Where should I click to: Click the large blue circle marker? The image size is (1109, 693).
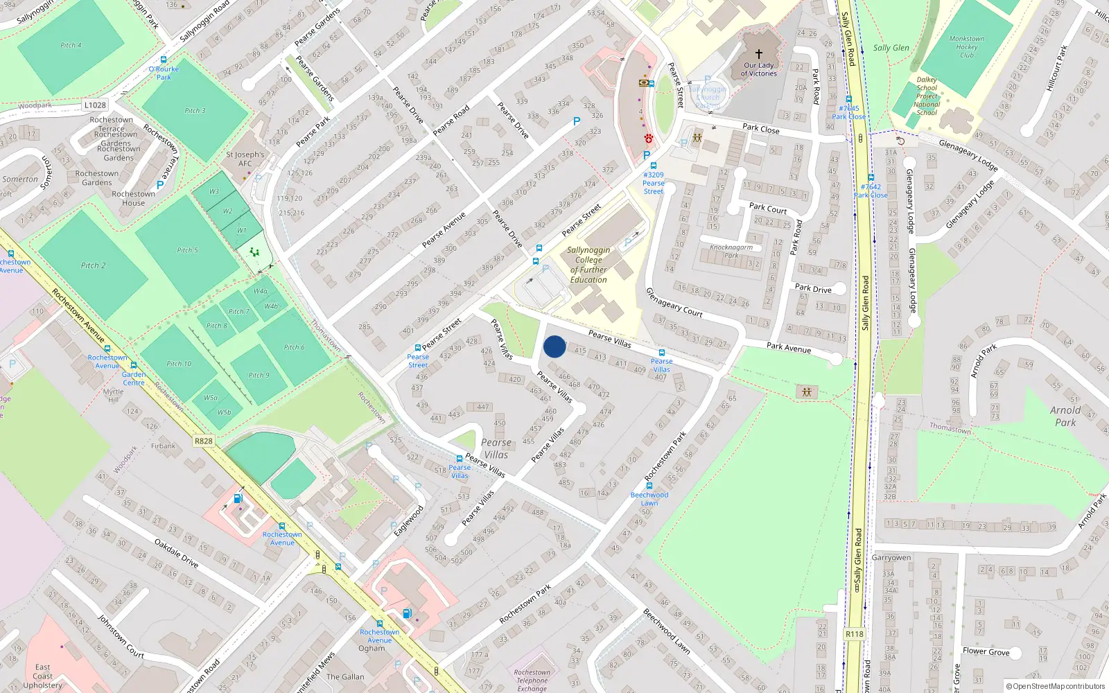[x=554, y=346]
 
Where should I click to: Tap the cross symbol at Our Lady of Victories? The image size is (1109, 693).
[x=759, y=54]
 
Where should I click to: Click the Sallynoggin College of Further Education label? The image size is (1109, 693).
[x=588, y=265]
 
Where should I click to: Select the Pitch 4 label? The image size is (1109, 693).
[x=71, y=46]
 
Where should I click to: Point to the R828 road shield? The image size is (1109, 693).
[x=204, y=441]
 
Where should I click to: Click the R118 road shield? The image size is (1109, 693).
[x=855, y=634]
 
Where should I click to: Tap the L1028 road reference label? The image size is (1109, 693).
[x=95, y=105]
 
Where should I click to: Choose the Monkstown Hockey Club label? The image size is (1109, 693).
[x=966, y=47]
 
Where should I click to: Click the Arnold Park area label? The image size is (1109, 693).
[x=1065, y=416]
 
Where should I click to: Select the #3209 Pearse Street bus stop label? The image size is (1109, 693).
[x=653, y=183]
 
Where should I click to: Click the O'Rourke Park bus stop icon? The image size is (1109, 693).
[x=164, y=60]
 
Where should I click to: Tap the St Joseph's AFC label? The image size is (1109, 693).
[x=245, y=159]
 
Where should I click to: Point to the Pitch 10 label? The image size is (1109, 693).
[x=179, y=364]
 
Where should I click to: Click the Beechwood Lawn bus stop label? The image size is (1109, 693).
[x=649, y=499]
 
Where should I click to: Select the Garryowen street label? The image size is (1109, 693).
[x=891, y=558]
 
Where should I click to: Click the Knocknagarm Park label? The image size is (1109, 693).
[x=731, y=251]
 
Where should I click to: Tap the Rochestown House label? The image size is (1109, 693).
[x=133, y=198]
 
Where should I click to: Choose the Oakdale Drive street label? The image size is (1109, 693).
[x=176, y=553]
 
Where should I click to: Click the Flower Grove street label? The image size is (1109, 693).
[x=986, y=651]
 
